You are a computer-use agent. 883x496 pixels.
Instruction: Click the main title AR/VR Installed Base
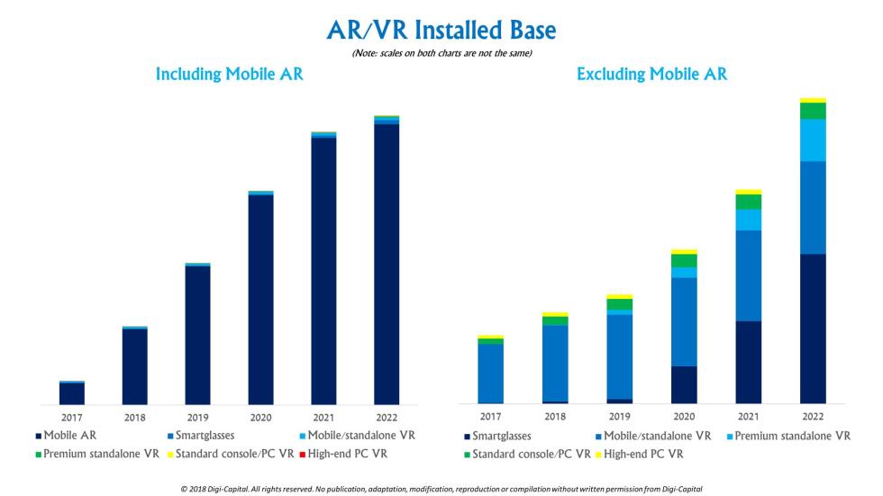[441, 30]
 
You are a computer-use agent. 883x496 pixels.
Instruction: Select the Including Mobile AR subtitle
[229, 75]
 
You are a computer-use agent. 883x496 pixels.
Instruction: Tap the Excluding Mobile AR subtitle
[651, 76]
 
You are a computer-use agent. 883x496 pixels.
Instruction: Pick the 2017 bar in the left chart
[72, 393]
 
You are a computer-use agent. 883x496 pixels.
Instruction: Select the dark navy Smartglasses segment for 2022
[813, 329]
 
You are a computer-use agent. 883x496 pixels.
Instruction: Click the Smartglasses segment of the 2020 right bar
[684, 384]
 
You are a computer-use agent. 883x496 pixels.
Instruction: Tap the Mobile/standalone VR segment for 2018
[555, 363]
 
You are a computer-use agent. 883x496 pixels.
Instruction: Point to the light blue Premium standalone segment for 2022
[813, 140]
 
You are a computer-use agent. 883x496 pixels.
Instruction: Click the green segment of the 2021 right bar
[748, 202]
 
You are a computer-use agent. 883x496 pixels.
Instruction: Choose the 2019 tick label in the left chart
[197, 418]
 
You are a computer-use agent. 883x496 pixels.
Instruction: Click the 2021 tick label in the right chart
[748, 417]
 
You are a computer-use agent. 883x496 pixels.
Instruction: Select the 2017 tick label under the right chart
[491, 417]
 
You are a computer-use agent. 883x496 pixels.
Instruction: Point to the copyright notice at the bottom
[441, 488]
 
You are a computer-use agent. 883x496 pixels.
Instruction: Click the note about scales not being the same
[441, 53]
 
